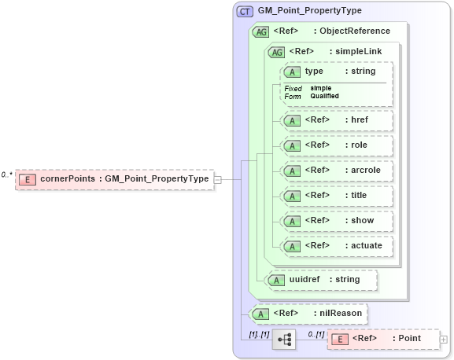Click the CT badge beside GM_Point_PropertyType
(245, 12)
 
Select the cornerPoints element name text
(68, 179)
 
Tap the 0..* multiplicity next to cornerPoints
(7, 174)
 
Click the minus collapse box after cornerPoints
(218, 179)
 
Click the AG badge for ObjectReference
(260, 31)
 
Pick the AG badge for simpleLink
(277, 52)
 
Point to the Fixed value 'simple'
(321, 88)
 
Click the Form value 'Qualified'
(325, 96)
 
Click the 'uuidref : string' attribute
(321, 279)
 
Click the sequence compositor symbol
(284, 340)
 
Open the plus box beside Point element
(444, 340)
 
